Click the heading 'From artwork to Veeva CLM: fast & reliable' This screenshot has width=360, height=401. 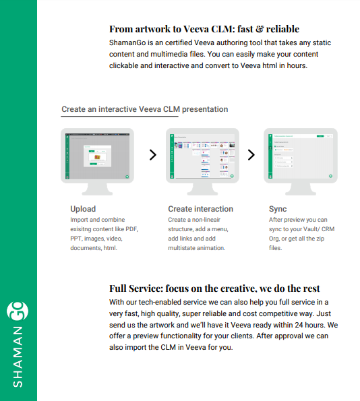pyautogui.click(x=204, y=29)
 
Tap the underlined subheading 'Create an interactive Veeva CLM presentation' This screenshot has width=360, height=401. pyautogui.click(x=144, y=109)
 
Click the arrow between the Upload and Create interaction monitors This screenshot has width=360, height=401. pyautogui.click(x=153, y=155)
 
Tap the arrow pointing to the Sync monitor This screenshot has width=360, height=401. pyautogui.click(x=251, y=155)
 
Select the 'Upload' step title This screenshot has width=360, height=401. pyautogui.click(x=83, y=209)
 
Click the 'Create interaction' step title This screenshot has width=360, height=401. pyautogui.click(x=200, y=209)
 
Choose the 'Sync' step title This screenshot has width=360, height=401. pyautogui.click(x=278, y=209)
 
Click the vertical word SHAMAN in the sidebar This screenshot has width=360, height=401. pyautogui.click(x=18, y=357)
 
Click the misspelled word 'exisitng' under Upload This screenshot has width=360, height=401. pyautogui.click(x=84, y=229)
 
